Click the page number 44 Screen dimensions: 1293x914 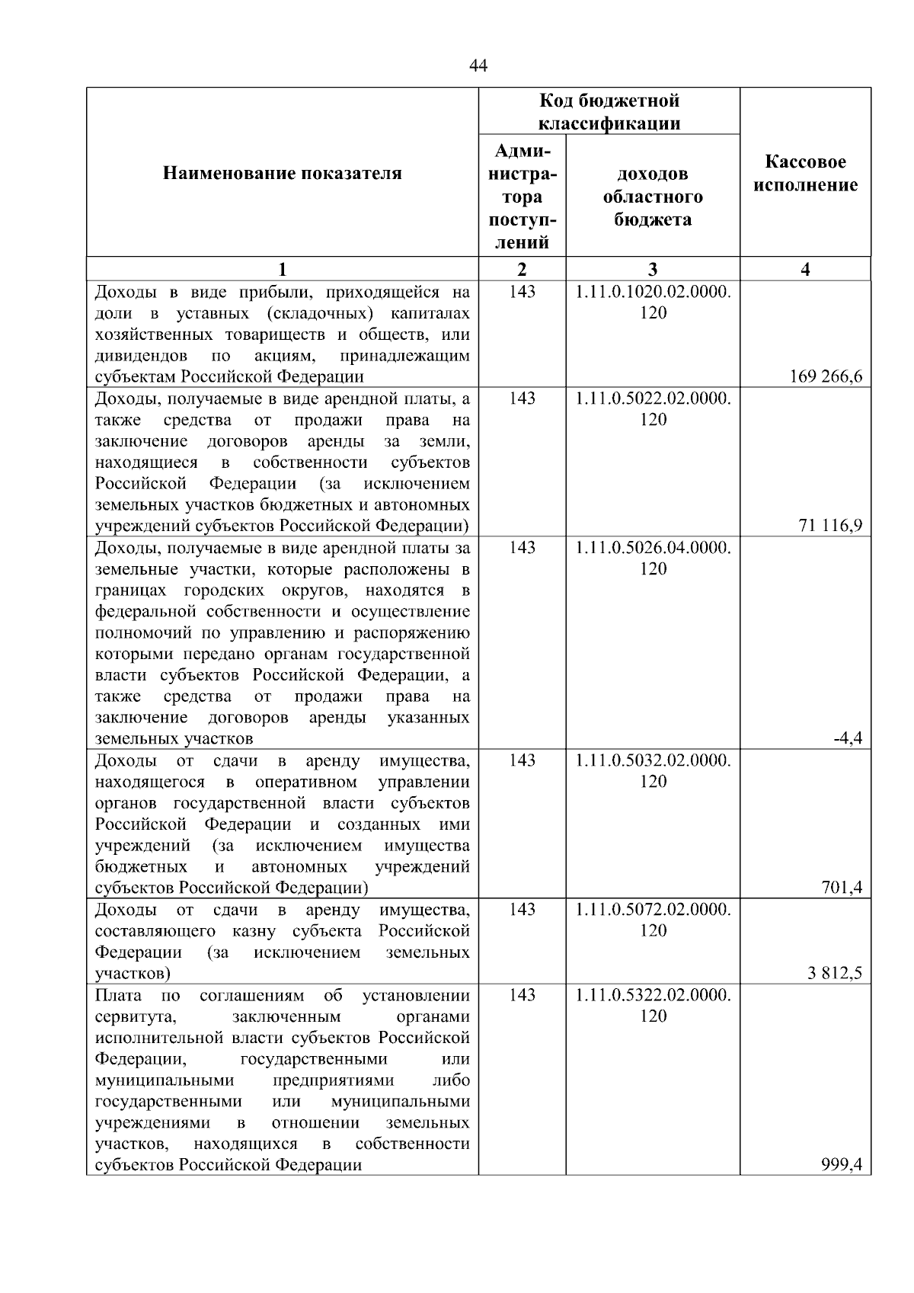point(478,66)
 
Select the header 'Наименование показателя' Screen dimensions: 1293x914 point(283,174)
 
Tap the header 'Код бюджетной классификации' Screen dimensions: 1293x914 point(609,112)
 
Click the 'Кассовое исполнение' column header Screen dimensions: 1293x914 point(806,174)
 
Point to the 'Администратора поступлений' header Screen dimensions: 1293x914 point(522,197)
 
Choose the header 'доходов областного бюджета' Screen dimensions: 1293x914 point(653,197)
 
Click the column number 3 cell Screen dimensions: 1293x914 point(653,269)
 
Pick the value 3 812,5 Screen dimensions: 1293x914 point(836,973)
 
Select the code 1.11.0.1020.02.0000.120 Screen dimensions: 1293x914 point(653,302)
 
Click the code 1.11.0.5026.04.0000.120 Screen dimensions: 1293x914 point(653,558)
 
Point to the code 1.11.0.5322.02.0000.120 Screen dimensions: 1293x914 point(653,1006)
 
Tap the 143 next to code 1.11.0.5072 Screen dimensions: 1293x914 point(522,910)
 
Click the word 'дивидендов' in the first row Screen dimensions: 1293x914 point(141,356)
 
